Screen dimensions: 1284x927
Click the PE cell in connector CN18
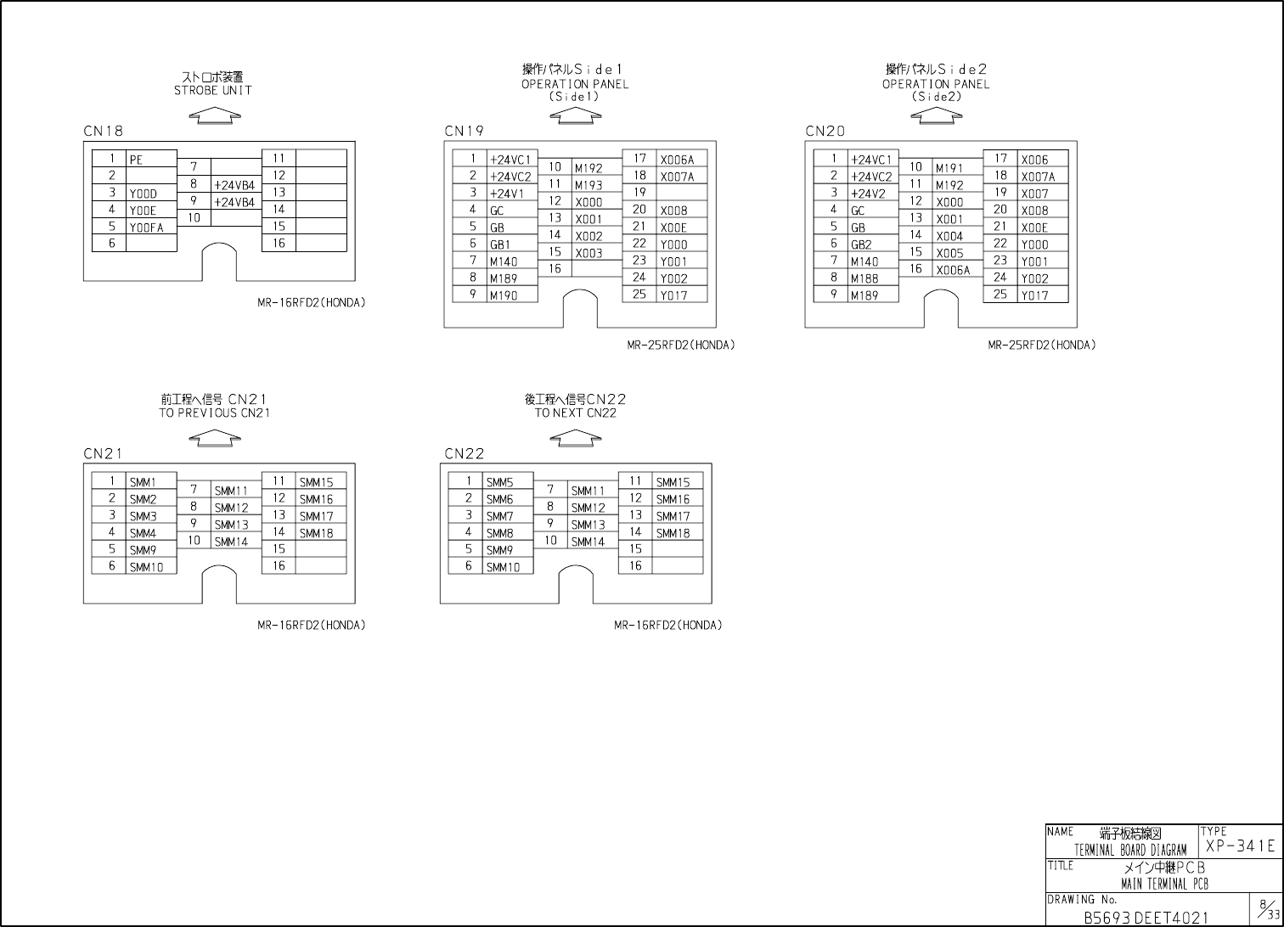pos(137,160)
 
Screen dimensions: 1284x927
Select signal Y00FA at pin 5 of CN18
pos(146,228)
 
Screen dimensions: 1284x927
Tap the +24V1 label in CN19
pos(507,194)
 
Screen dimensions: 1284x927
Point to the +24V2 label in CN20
pos(868,194)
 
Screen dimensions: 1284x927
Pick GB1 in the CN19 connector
pos(500,244)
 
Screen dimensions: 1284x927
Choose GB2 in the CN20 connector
pos(861,244)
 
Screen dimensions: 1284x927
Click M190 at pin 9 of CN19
pos(504,295)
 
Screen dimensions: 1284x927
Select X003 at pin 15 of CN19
pos(588,253)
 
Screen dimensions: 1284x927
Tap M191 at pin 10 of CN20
pos(949,168)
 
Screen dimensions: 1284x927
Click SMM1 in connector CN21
pos(142,482)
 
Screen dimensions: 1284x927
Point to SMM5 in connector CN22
pos(499,482)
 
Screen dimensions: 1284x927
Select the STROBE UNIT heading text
pos(213,90)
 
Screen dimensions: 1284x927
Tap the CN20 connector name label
pos(825,132)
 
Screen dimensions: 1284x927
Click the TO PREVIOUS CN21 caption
pos(215,413)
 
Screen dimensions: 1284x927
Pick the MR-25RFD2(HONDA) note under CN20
pos(1041,346)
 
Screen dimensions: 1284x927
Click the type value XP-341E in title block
pos(1240,846)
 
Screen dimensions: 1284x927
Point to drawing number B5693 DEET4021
pos(1145,918)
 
